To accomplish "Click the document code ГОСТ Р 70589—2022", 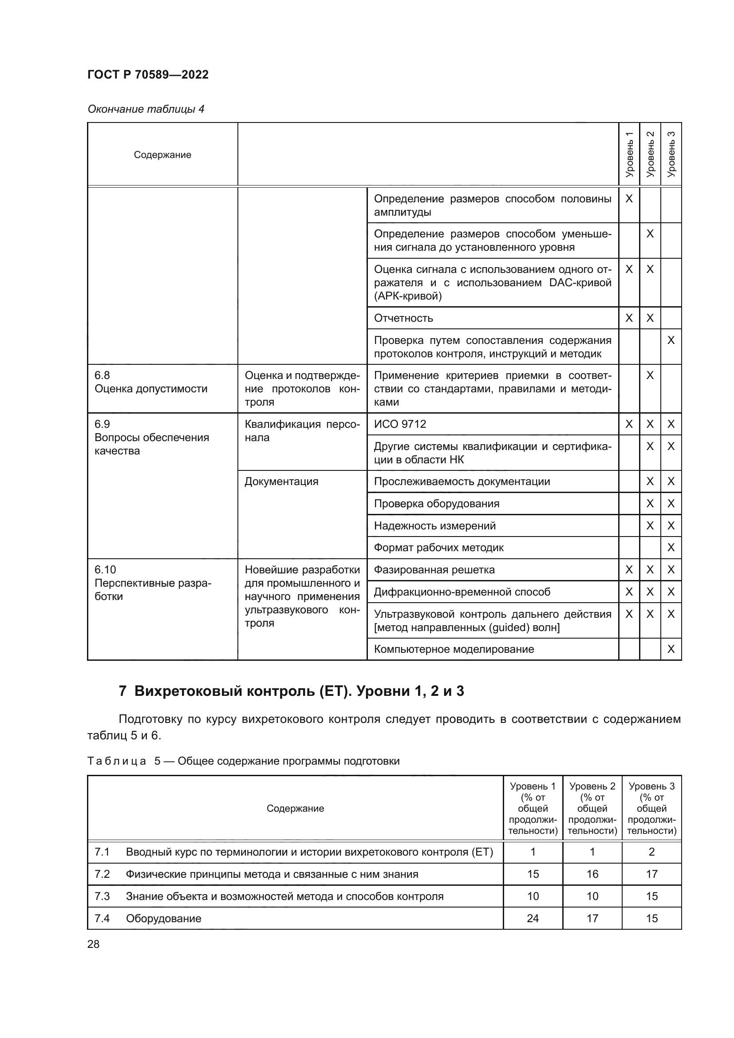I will tap(148, 75).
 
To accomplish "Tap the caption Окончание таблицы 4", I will tap(146, 109).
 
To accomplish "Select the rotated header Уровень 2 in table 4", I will tap(650, 154).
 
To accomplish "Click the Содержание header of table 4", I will tap(162, 154).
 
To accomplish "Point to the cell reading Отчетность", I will tap(403, 318).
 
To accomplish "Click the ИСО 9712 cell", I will tap(399, 424).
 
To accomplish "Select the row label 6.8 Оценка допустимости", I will tap(150, 382).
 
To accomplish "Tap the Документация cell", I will tap(281, 482).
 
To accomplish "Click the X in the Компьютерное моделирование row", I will tap(671, 649).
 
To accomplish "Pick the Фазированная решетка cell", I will tap(434, 570).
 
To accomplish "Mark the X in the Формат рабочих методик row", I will tap(671, 548).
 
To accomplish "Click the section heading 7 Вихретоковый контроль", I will tap(291, 691).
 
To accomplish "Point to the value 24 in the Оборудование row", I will tap(533, 918).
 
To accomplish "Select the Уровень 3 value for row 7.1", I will tap(651, 852).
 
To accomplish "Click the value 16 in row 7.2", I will tap(592, 874).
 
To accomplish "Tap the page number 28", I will tap(93, 944).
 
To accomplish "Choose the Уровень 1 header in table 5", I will tap(533, 808).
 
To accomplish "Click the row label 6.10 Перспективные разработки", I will tap(152, 583).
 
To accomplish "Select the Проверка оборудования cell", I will tap(436, 504).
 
